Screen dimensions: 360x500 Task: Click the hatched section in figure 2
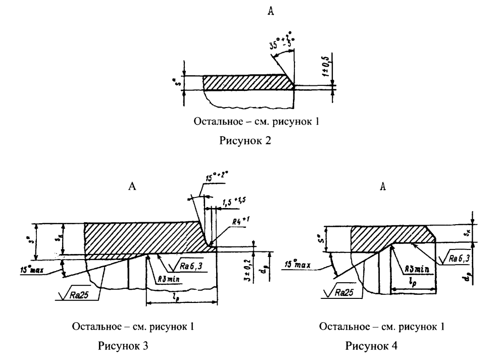(247, 82)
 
